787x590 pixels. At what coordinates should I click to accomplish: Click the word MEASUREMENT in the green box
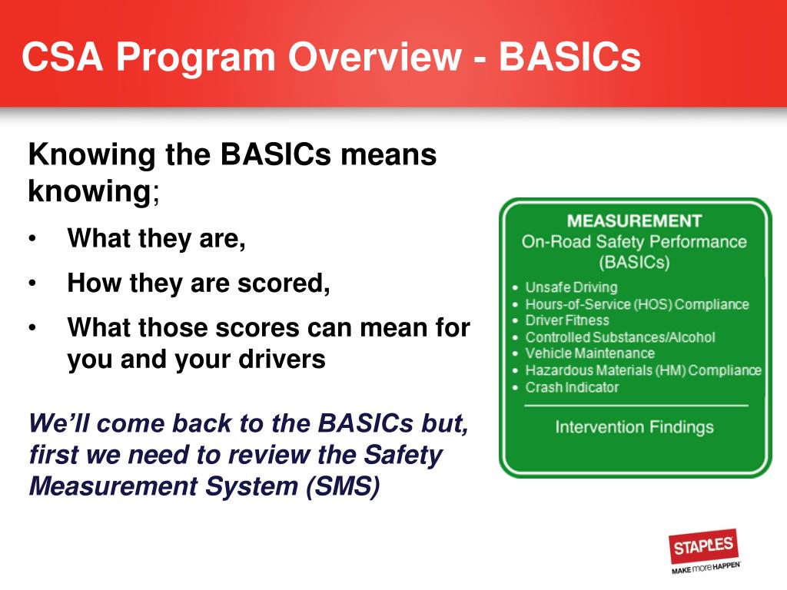tap(634, 220)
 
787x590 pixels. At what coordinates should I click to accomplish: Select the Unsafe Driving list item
tap(571, 287)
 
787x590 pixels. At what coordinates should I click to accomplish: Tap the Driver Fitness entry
tap(567, 320)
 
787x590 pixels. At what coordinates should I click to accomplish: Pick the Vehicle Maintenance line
tap(589, 353)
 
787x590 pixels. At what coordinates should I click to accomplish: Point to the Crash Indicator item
tap(572, 387)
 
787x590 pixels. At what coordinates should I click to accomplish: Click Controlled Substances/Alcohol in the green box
tap(620, 337)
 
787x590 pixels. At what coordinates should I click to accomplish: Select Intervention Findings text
tap(634, 427)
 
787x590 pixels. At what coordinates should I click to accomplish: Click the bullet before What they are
tap(32, 240)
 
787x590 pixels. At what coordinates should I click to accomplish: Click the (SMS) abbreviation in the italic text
tap(343, 486)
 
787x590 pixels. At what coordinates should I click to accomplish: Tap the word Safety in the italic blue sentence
tap(403, 455)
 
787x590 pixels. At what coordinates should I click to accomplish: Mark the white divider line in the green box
tap(636, 406)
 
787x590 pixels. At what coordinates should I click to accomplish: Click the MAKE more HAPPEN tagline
tap(706, 568)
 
